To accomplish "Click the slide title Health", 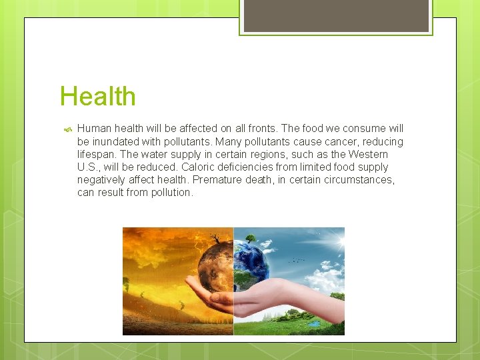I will (97, 96).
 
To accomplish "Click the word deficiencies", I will (255, 167).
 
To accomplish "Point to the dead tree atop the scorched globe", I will (215, 239).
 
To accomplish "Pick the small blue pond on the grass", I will (314, 322).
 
